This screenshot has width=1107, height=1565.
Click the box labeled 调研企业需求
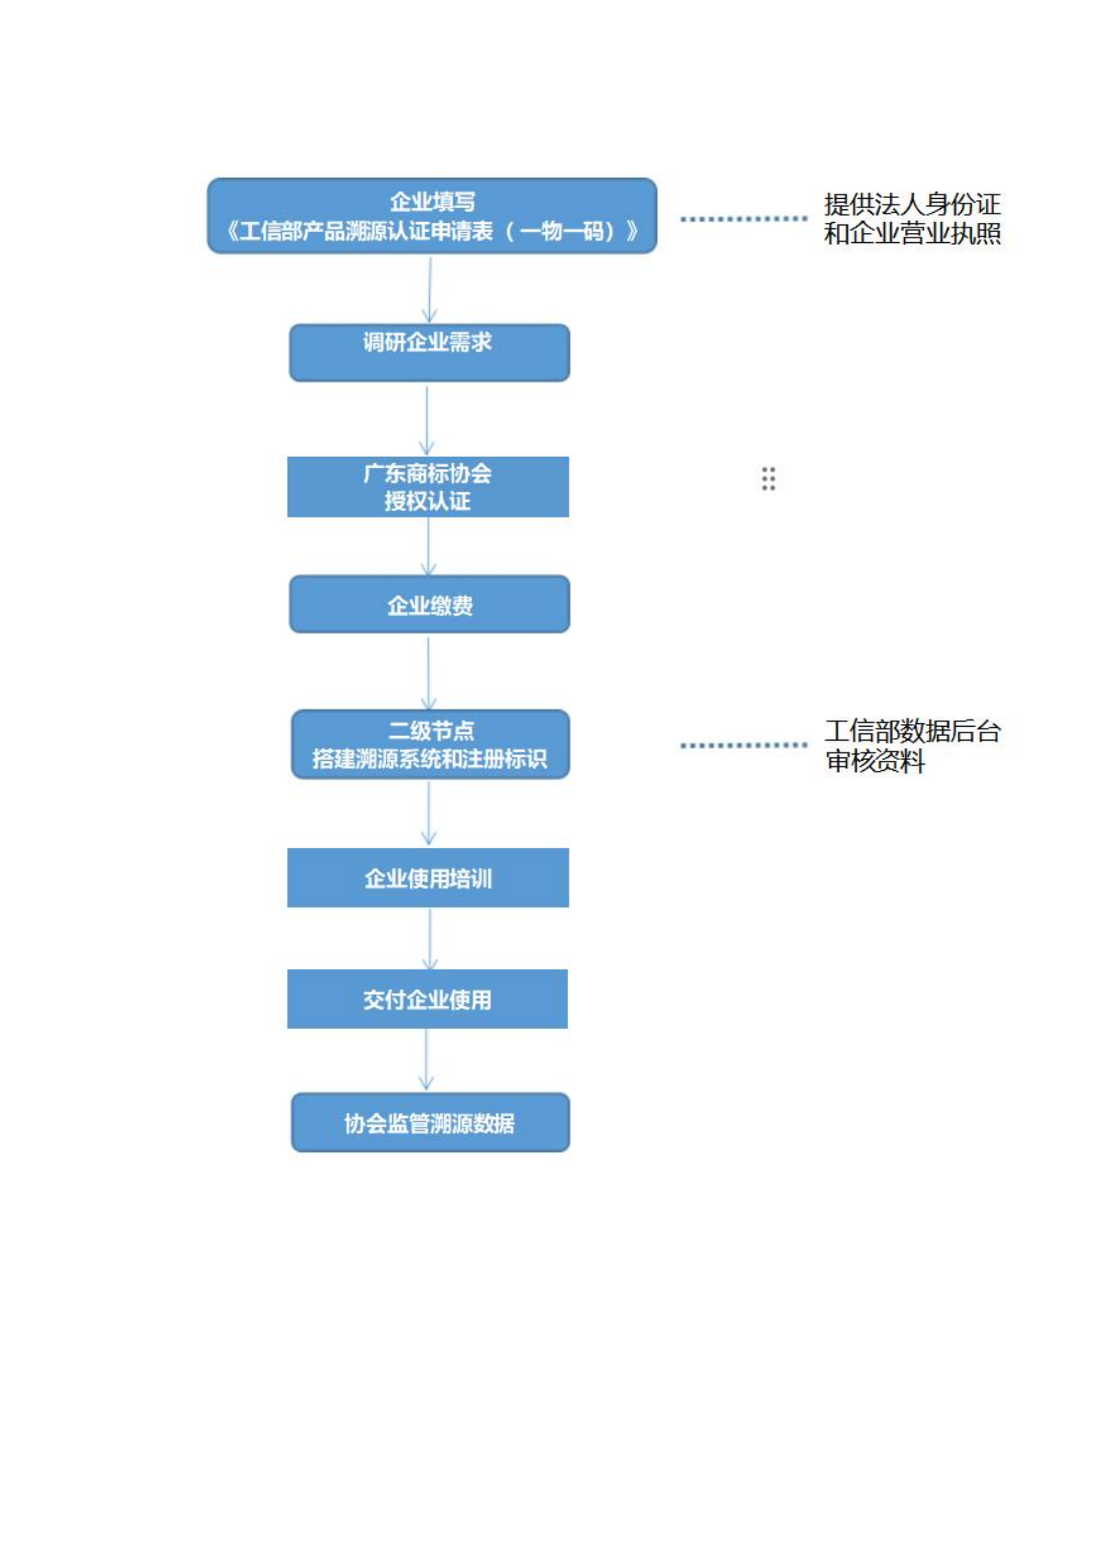click(x=430, y=353)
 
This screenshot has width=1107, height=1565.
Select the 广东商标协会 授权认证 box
click(x=428, y=486)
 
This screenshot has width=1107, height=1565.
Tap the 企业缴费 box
click(x=430, y=604)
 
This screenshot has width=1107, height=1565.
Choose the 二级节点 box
click(x=430, y=743)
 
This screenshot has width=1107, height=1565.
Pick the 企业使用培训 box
click(x=428, y=878)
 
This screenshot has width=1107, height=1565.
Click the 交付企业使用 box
click(x=428, y=998)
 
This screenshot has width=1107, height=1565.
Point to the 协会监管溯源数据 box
click(x=430, y=1123)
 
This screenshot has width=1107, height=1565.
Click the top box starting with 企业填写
click(x=432, y=216)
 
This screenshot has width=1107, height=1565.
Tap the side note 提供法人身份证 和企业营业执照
click(x=912, y=219)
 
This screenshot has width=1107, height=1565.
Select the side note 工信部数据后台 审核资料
click(x=912, y=745)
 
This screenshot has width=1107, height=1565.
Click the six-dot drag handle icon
click(x=768, y=478)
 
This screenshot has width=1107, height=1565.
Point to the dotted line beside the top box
click(x=744, y=219)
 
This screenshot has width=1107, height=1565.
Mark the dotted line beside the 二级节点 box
click(x=744, y=745)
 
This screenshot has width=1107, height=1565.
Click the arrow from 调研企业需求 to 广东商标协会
click(x=428, y=420)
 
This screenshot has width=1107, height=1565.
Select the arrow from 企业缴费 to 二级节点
click(x=429, y=672)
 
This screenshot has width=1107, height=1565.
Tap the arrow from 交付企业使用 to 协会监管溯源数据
click(x=427, y=1058)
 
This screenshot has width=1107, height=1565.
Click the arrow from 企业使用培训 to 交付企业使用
click(x=430, y=938)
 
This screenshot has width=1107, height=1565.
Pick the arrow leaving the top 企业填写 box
click(x=430, y=289)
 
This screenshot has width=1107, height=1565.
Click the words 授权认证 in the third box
click(x=428, y=502)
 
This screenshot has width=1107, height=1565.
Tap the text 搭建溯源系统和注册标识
click(x=430, y=759)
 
